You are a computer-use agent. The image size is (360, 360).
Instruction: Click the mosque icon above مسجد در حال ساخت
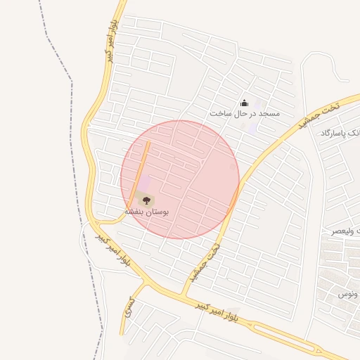(x=244, y=103)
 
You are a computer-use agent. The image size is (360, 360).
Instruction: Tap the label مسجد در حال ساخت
(x=244, y=113)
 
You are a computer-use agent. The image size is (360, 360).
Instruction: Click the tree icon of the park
(x=147, y=200)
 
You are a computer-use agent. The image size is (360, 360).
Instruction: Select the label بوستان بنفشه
(x=147, y=211)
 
